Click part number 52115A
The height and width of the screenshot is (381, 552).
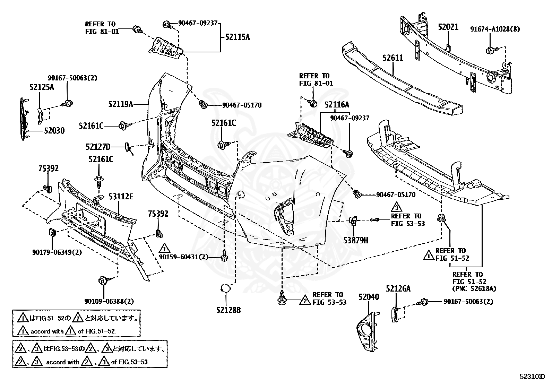tap(238, 37)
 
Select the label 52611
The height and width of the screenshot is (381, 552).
tap(393, 58)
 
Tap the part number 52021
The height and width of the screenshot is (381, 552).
tap(448, 27)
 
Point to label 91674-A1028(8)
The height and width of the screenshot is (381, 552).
tap(495, 29)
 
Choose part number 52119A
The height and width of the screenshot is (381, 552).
tap(121, 104)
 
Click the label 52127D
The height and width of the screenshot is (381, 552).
tap(98, 147)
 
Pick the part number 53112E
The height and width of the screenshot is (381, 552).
tap(121, 197)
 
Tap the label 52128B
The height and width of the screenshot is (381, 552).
tap(228, 310)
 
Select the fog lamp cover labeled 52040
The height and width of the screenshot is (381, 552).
tap(368, 331)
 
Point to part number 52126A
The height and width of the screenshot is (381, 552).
tap(398, 288)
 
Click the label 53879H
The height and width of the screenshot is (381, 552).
tap(356, 241)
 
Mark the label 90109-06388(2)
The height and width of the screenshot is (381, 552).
tap(109, 301)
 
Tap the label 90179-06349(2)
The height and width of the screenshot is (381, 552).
tap(57, 252)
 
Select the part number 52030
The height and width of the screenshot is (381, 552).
tap(54, 131)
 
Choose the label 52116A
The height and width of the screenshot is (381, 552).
tap(337, 105)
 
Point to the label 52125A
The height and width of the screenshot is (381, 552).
tap(42, 87)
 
